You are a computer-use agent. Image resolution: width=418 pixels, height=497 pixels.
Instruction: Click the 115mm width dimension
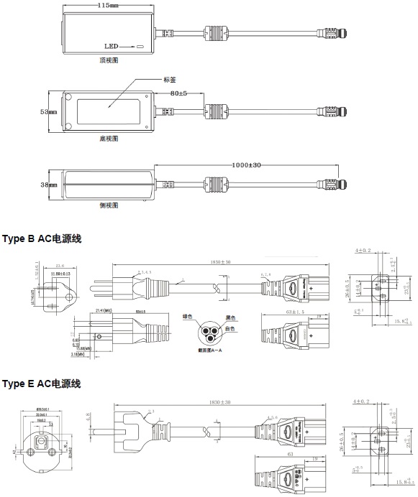pyautogui.click(x=108, y=6)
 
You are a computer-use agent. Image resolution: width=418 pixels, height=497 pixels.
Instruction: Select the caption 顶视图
pyautogui.click(x=109, y=61)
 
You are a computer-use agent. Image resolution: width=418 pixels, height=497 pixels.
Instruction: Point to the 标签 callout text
pyautogui.click(x=171, y=80)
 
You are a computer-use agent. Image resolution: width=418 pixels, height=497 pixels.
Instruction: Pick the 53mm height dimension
pyautogui.click(x=47, y=112)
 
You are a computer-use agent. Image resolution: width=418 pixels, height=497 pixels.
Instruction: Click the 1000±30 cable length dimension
pyautogui.click(x=247, y=165)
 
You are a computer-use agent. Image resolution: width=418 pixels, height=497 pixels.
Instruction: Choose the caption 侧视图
pyautogui.click(x=109, y=205)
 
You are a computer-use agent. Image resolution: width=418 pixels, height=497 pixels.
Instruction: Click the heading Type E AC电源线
pyautogui.click(x=41, y=384)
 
